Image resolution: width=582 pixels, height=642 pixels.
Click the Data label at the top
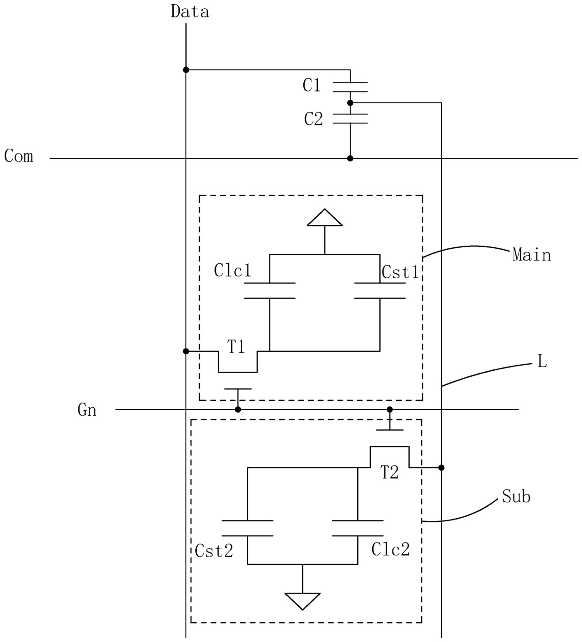pos(190,12)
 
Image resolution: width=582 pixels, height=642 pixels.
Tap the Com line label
pos(19,156)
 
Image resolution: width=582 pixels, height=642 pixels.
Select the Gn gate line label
pos(87,410)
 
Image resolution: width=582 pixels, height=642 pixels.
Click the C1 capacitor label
pos(312,85)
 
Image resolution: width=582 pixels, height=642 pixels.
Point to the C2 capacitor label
pos(313,119)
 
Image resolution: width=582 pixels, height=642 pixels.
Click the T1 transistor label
pos(236,346)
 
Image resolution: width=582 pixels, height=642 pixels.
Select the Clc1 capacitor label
pos(232,270)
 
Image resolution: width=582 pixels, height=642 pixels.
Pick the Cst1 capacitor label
pos(400,272)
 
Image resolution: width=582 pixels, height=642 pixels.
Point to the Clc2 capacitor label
pos(390,550)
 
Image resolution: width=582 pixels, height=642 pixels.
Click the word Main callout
pos(532,255)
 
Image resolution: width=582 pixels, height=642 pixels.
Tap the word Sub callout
pos(516,496)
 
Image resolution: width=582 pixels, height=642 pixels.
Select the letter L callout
pos(542,362)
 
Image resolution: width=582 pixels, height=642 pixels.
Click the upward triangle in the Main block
pos(325,218)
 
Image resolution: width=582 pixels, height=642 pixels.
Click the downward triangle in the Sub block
pos(303,601)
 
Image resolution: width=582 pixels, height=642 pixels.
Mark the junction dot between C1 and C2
pos(350,103)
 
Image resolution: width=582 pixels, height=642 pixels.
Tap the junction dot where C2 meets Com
pos(350,159)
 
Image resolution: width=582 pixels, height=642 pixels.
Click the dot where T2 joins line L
pos(442,467)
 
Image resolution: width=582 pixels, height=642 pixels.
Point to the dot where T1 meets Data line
pos(186,352)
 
